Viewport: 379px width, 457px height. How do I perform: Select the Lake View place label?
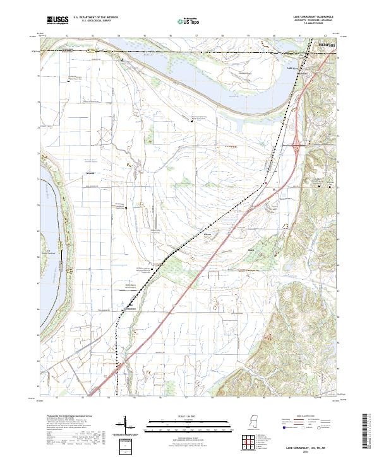tap(292, 68)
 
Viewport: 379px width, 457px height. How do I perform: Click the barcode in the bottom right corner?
tap(369, 432)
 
